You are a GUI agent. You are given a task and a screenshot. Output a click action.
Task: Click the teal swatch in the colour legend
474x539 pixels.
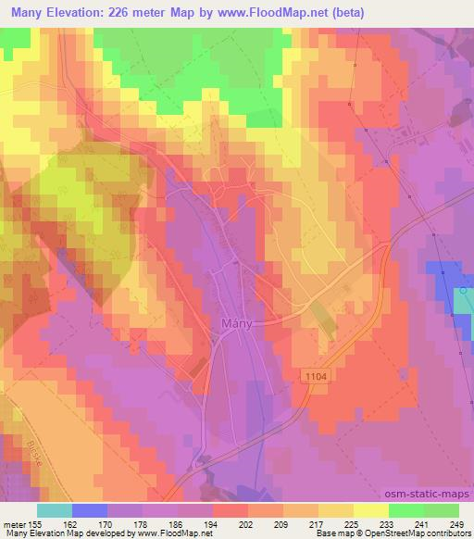(55, 510)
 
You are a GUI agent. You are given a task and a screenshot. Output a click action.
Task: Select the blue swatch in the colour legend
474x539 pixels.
(90, 510)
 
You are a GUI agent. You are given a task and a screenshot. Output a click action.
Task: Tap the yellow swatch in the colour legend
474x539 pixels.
(371, 510)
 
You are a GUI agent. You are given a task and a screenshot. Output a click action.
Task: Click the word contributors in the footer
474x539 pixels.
(445, 534)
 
